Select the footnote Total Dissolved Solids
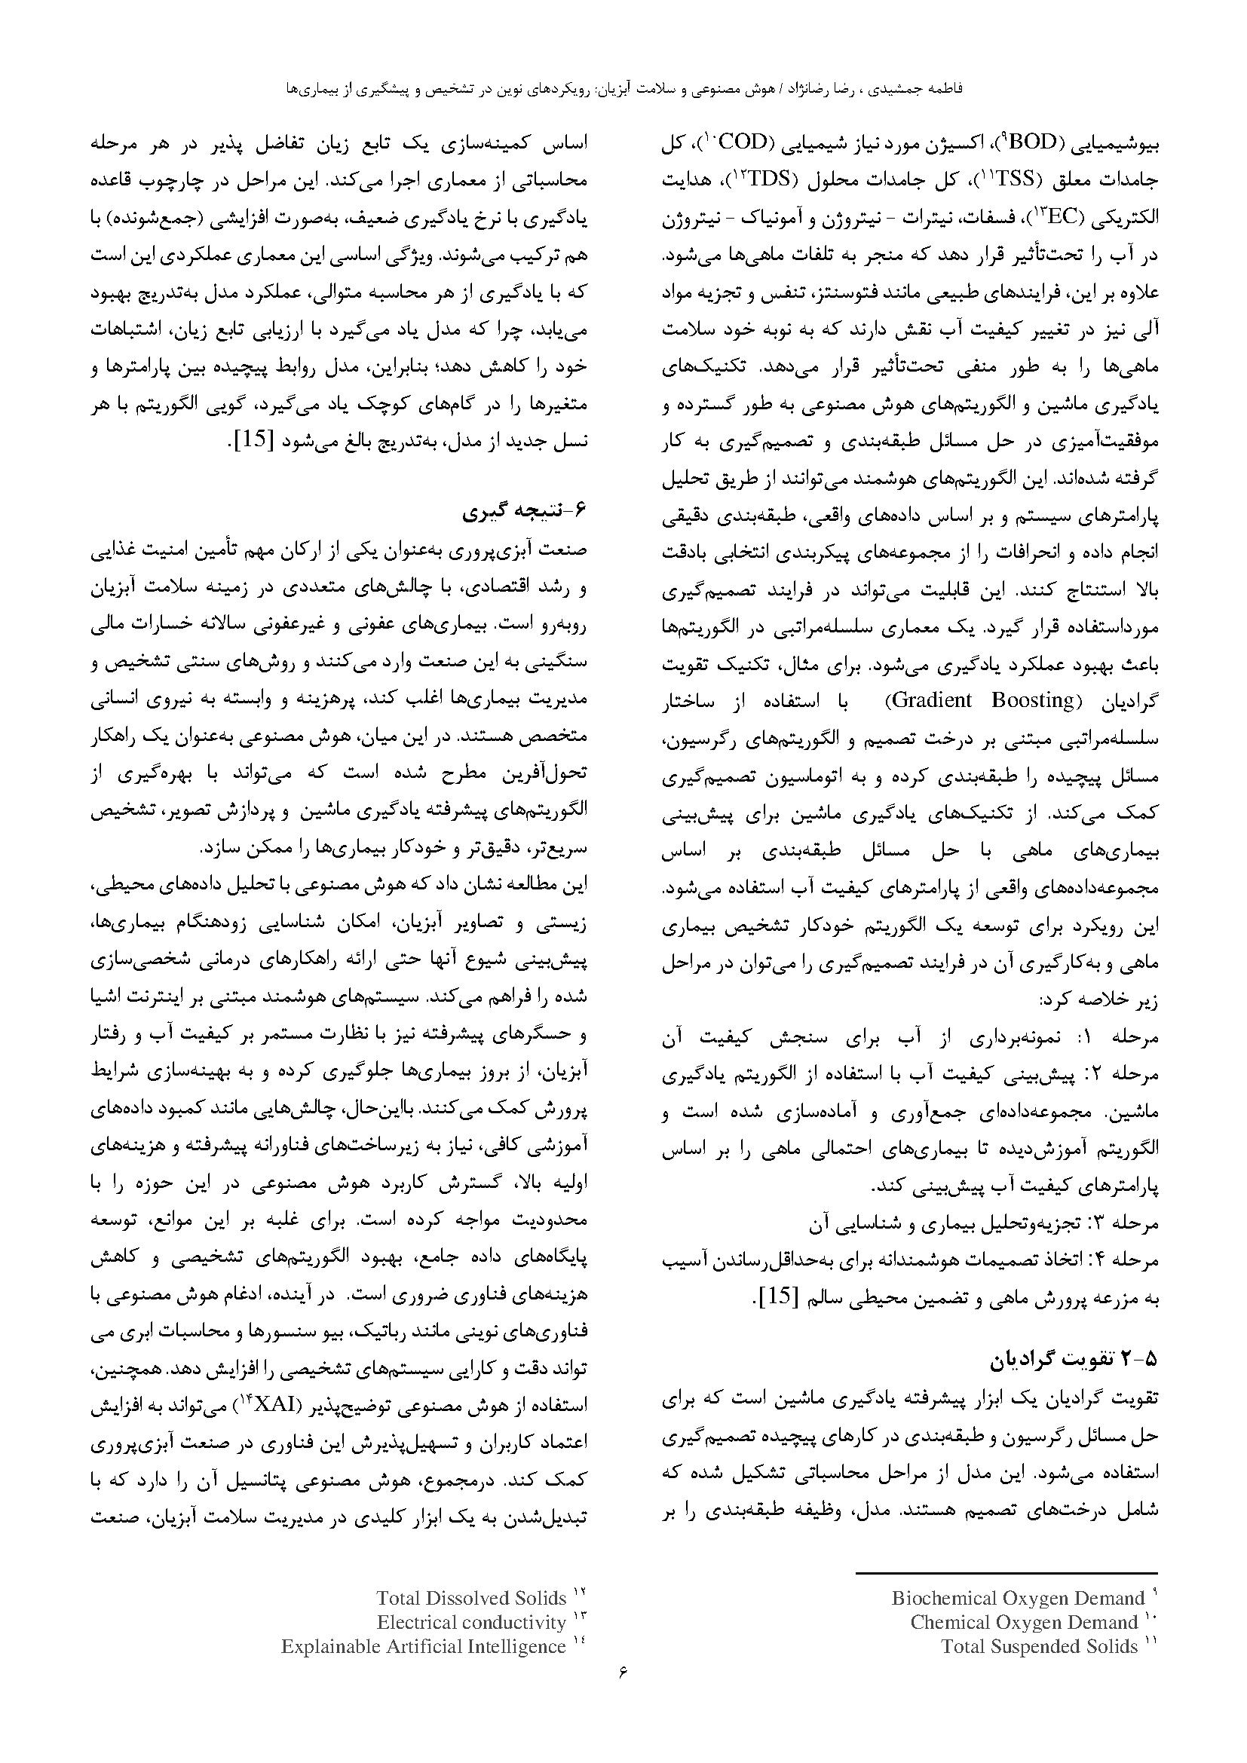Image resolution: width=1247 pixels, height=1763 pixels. pyautogui.click(x=470, y=1598)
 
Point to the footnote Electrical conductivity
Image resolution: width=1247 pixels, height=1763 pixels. pyautogui.click(x=470, y=1622)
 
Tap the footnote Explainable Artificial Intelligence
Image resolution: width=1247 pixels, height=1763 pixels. pyautogui.click(x=423, y=1645)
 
